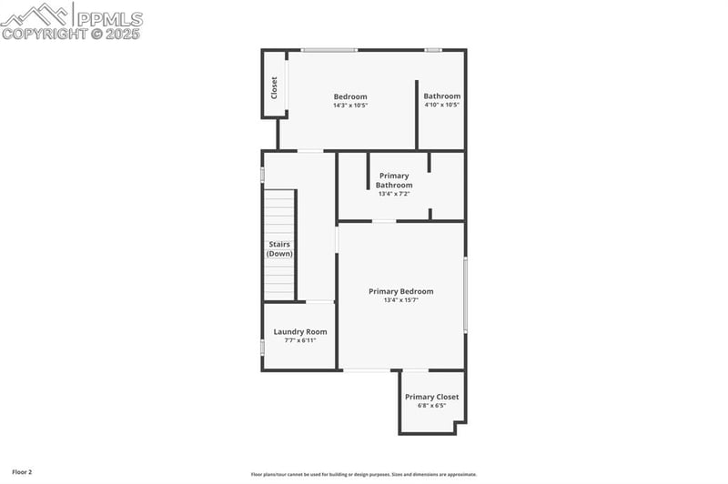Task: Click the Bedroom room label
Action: (350, 96)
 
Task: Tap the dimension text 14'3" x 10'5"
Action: (350, 106)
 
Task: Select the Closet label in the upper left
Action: (274, 88)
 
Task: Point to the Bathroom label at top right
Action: (442, 96)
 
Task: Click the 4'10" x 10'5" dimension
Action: (442, 105)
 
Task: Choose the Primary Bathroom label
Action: (394, 180)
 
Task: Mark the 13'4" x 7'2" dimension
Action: (394, 193)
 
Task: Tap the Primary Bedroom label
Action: (400, 291)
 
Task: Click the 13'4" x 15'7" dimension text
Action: (400, 300)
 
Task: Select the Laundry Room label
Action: (300, 331)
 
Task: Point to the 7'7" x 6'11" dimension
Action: (300, 340)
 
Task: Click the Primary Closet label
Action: (432, 397)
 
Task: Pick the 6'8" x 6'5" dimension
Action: (432, 406)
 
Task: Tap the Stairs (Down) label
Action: (280, 248)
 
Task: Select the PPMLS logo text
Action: (109, 18)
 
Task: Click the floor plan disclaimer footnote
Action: (363, 474)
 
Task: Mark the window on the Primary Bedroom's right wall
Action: (465, 296)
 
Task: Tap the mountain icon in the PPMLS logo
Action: (36, 15)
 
